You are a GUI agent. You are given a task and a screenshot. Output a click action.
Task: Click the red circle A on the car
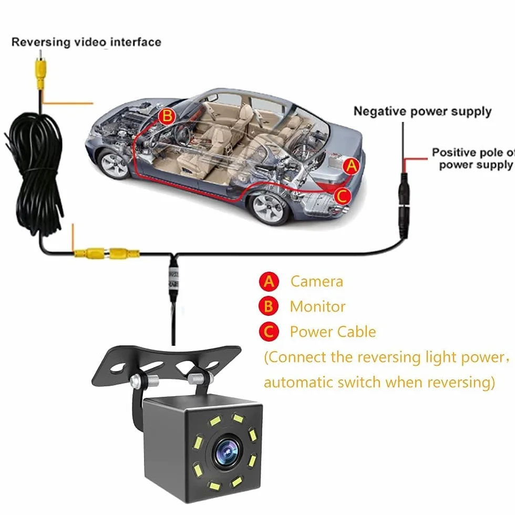[x=352, y=166]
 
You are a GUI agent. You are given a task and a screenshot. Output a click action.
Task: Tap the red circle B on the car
[x=167, y=116]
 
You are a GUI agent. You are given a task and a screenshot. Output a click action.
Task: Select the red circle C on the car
[x=342, y=196]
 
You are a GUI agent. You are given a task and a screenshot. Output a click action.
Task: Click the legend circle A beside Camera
[x=269, y=282]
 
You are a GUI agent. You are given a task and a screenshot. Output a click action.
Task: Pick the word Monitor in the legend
[x=317, y=306]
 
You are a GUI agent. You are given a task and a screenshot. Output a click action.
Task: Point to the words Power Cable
[x=333, y=332]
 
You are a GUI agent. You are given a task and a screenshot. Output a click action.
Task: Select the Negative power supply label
[x=423, y=111]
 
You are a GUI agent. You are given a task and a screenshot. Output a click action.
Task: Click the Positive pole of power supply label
[x=473, y=159]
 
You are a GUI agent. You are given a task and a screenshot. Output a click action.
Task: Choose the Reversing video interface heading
[x=86, y=42]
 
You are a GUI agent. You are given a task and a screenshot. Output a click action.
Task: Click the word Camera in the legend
[x=316, y=282]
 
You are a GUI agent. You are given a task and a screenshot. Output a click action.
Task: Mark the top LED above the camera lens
[x=237, y=419]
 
